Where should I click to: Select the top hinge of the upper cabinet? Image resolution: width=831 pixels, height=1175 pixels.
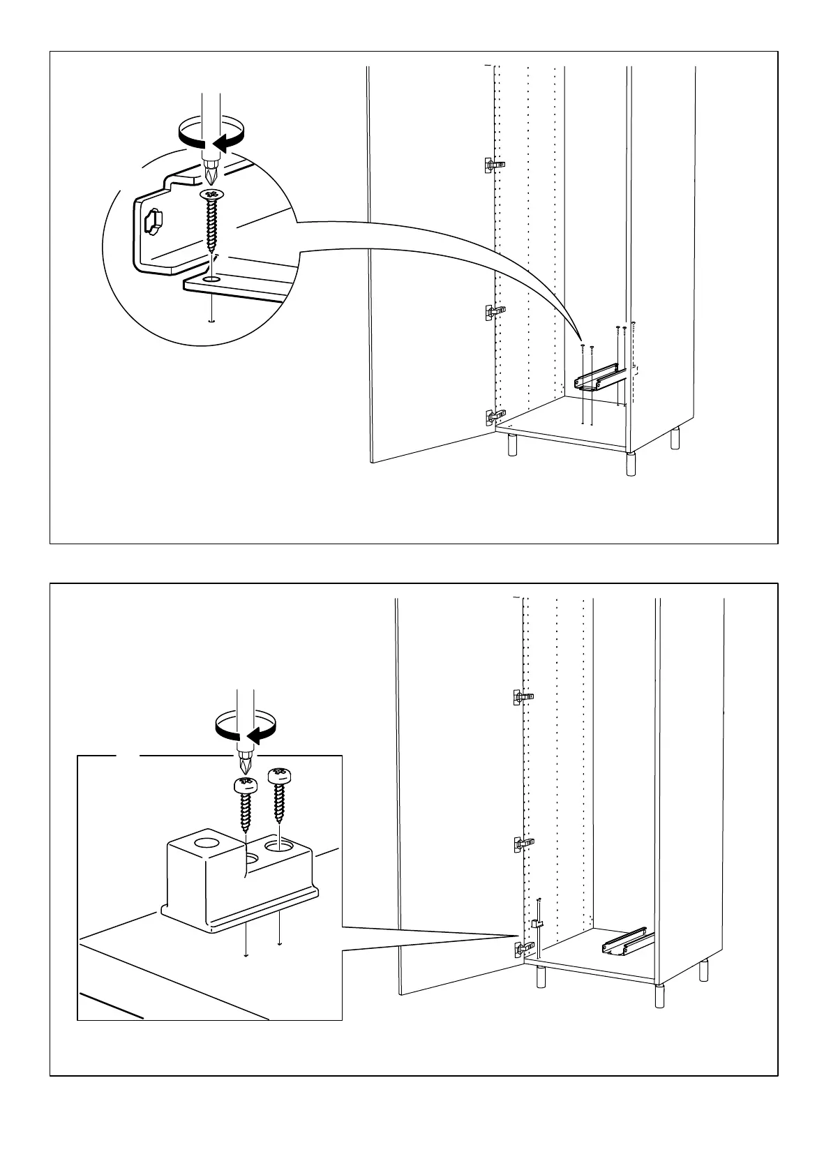point(493,165)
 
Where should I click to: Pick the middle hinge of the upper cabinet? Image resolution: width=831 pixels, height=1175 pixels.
point(493,310)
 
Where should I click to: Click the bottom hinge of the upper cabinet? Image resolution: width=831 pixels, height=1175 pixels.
point(494,417)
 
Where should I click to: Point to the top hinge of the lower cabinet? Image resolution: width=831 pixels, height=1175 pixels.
point(522,696)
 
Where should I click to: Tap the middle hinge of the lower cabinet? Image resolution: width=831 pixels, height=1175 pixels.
point(522,843)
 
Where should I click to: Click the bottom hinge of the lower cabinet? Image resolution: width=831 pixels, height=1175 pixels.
point(522,949)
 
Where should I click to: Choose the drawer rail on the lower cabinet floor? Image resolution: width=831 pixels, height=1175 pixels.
point(625,942)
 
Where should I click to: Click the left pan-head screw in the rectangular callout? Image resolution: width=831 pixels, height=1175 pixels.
point(245,802)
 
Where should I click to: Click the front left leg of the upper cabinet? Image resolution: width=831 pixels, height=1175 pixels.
point(513,444)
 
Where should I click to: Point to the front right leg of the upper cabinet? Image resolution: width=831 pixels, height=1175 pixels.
point(631,465)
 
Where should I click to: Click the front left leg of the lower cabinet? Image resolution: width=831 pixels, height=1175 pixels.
point(541,976)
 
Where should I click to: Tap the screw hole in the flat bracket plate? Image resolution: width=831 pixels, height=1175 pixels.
point(211,279)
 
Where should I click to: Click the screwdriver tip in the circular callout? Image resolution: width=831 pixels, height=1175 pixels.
point(212,172)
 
